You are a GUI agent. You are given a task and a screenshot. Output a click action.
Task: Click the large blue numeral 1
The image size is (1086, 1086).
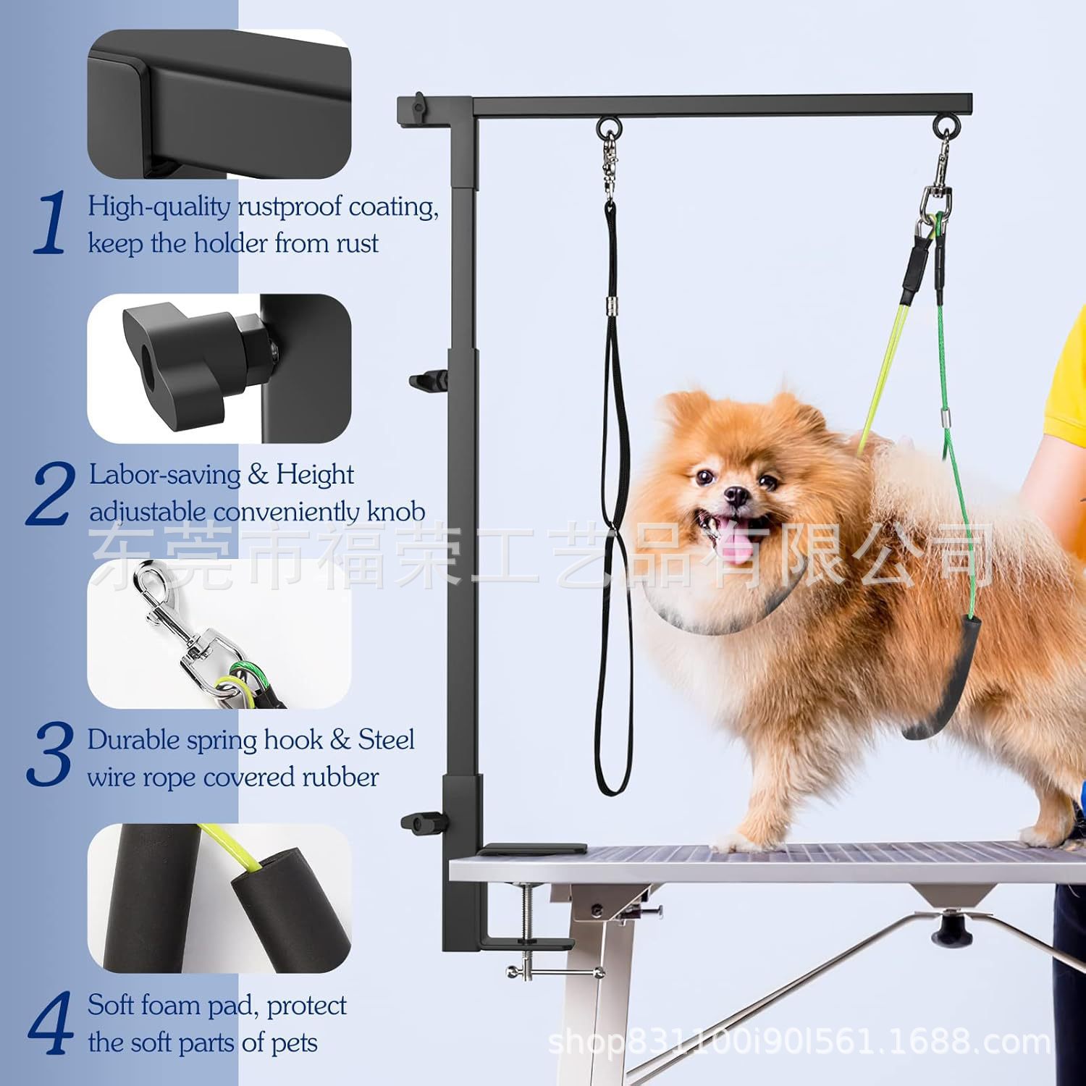pyautogui.click(x=51, y=223)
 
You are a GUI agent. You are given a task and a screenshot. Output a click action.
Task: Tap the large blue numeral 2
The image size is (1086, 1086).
pyautogui.click(x=51, y=494)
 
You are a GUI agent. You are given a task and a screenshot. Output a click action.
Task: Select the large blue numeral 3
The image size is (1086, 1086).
pyautogui.click(x=50, y=755)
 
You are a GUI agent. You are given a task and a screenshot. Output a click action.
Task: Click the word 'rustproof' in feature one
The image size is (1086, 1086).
pyautogui.click(x=290, y=207)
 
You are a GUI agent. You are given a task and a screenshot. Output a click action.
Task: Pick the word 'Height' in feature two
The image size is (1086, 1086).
pyautogui.click(x=315, y=475)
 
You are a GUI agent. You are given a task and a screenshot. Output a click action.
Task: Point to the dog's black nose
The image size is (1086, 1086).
pyautogui.click(x=736, y=496)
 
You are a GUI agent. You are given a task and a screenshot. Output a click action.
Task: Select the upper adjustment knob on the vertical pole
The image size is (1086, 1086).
pyautogui.click(x=427, y=380)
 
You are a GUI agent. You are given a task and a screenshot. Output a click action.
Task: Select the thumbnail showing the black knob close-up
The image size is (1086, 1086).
pyautogui.click(x=219, y=368)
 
